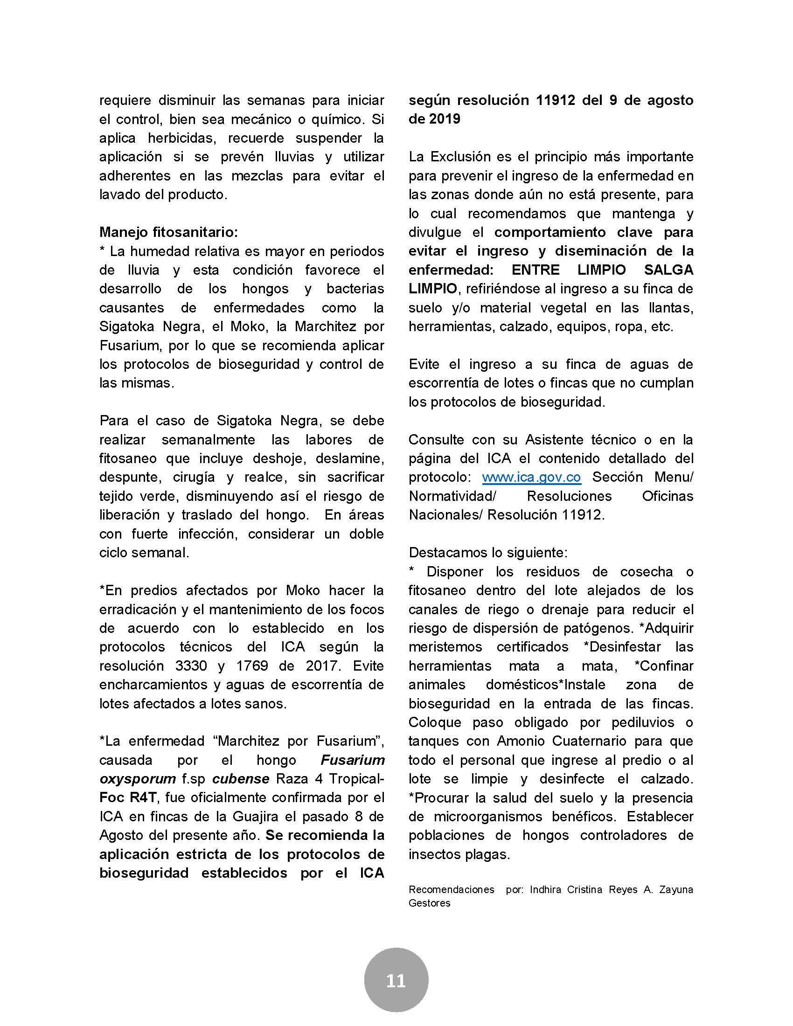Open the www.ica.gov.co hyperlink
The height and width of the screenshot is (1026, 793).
531,477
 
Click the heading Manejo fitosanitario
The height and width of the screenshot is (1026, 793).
169,232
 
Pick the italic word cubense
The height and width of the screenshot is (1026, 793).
241,778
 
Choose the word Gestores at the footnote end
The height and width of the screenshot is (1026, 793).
429,902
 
